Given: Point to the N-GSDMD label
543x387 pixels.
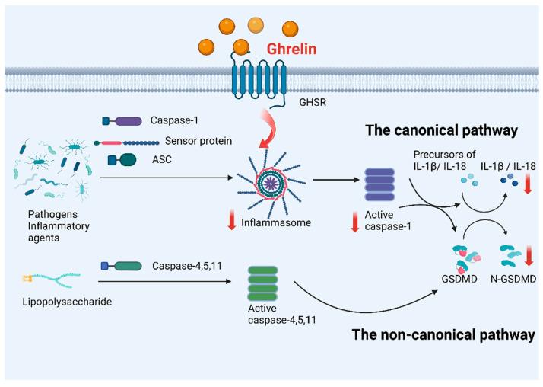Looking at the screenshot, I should pos(510,280).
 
